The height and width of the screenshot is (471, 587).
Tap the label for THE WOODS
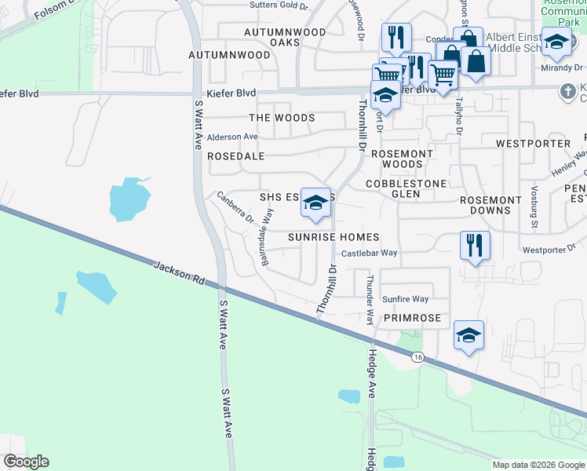pyautogui.click(x=282, y=118)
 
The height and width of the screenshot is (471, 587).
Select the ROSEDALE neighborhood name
pyautogui.click(x=235, y=156)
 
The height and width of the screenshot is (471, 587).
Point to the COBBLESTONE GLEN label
pyautogui.click(x=407, y=188)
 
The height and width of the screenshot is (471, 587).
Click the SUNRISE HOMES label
pyautogui.click(x=334, y=237)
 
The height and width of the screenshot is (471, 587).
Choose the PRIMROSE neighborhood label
pyautogui.click(x=412, y=318)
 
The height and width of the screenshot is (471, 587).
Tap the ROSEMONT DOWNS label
pyautogui.click(x=490, y=205)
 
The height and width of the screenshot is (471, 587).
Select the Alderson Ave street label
pyautogui.click(x=232, y=137)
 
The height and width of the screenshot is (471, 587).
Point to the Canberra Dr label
pyautogui.click(x=235, y=208)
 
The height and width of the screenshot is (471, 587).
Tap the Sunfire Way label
pyautogui.click(x=405, y=299)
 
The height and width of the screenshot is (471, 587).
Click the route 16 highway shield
pyautogui.click(x=417, y=357)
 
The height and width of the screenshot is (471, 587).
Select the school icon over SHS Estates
pyautogui.click(x=315, y=203)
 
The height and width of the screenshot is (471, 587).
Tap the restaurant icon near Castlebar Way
pyautogui.click(x=475, y=244)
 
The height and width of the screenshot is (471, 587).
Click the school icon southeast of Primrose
pyautogui.click(x=469, y=335)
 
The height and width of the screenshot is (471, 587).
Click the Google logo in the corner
pyautogui.click(x=27, y=462)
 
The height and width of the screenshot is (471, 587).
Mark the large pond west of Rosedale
pyautogui.click(x=129, y=199)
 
